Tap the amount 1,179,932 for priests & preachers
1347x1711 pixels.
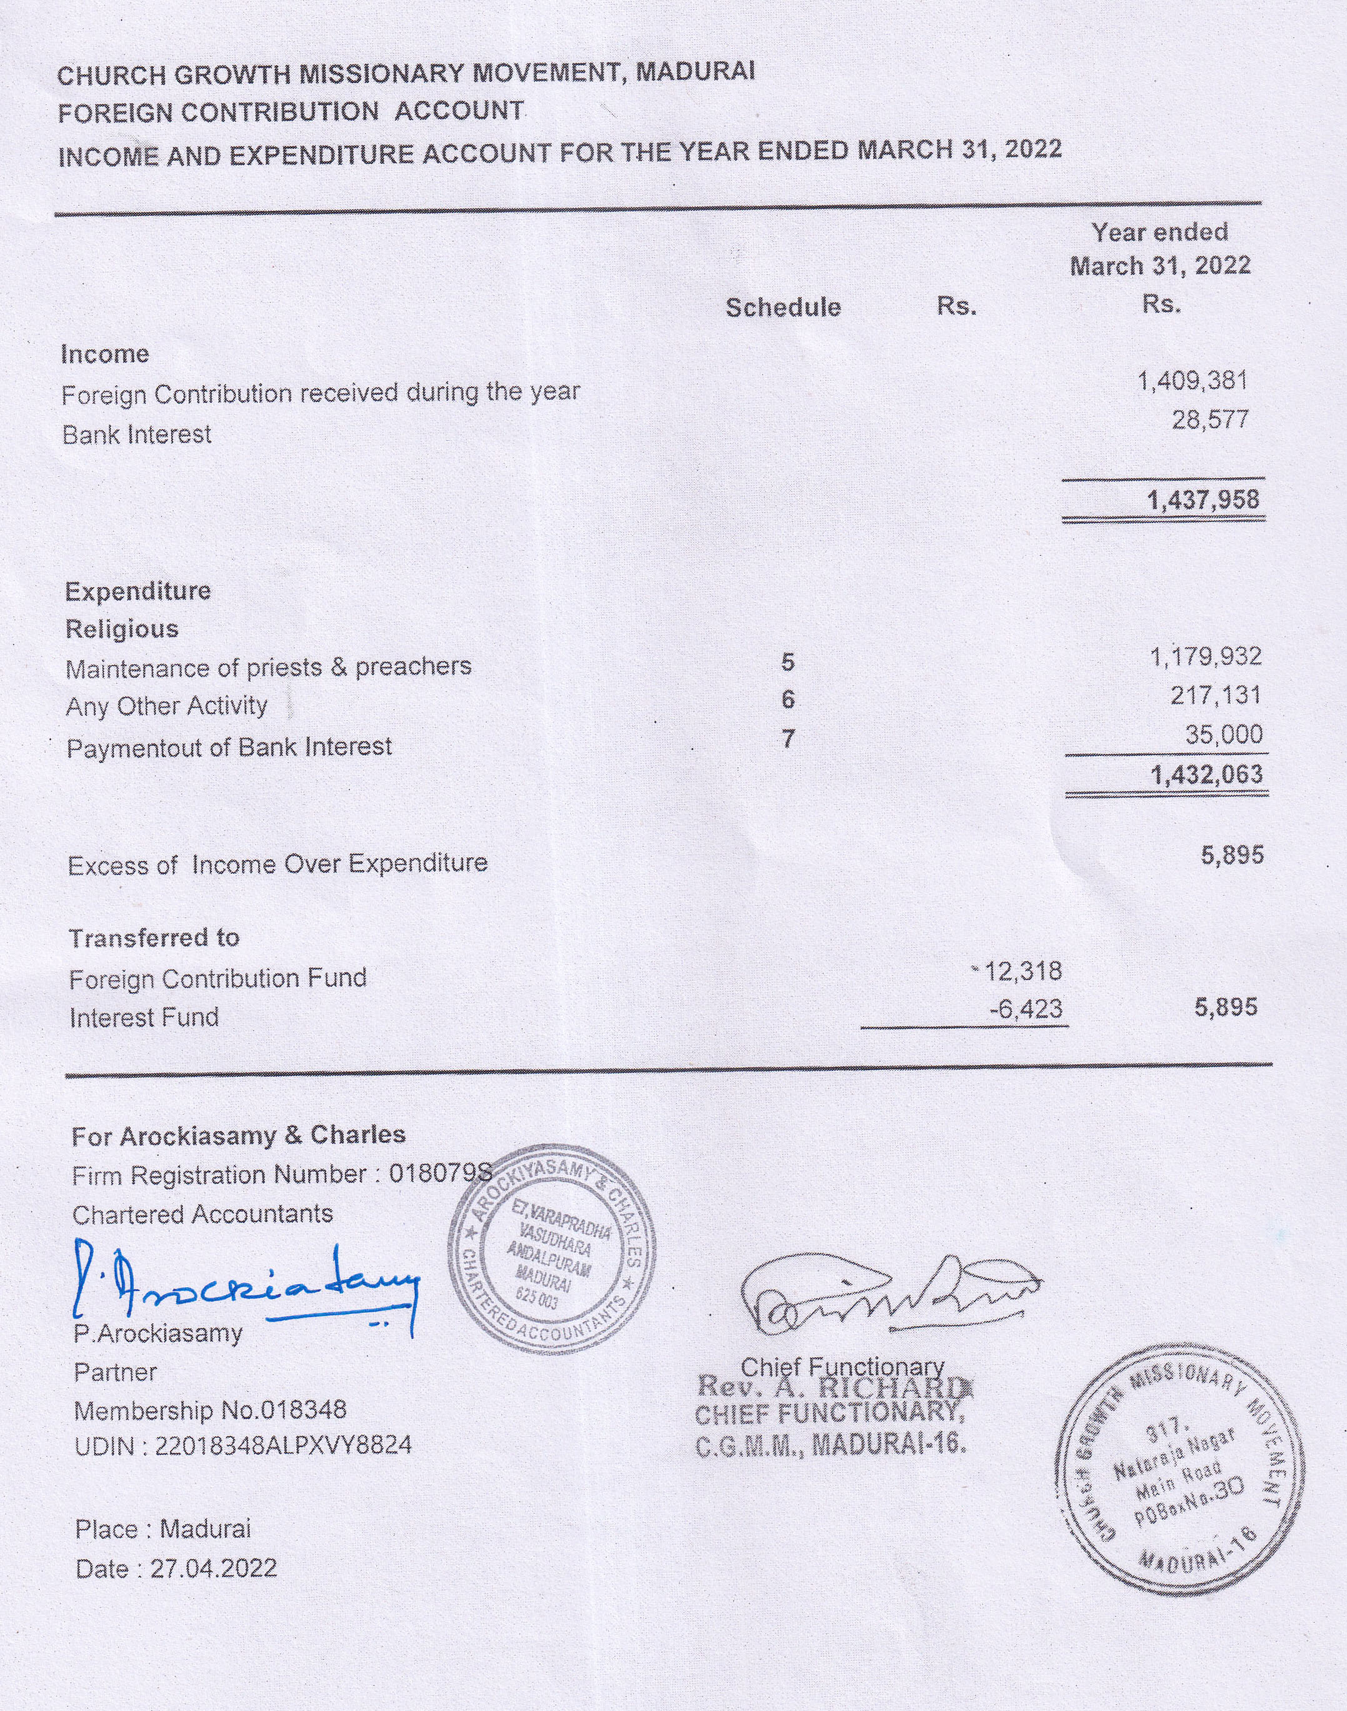pos(1206,656)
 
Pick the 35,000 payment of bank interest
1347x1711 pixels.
pos(1223,735)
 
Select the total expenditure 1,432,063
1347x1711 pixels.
pos(1206,775)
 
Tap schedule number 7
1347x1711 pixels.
pos(788,739)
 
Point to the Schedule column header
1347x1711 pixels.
pos(783,308)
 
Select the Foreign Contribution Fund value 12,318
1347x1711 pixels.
pos(1023,971)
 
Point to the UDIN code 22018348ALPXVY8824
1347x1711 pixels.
pos(283,1447)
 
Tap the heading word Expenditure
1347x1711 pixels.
pos(138,591)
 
